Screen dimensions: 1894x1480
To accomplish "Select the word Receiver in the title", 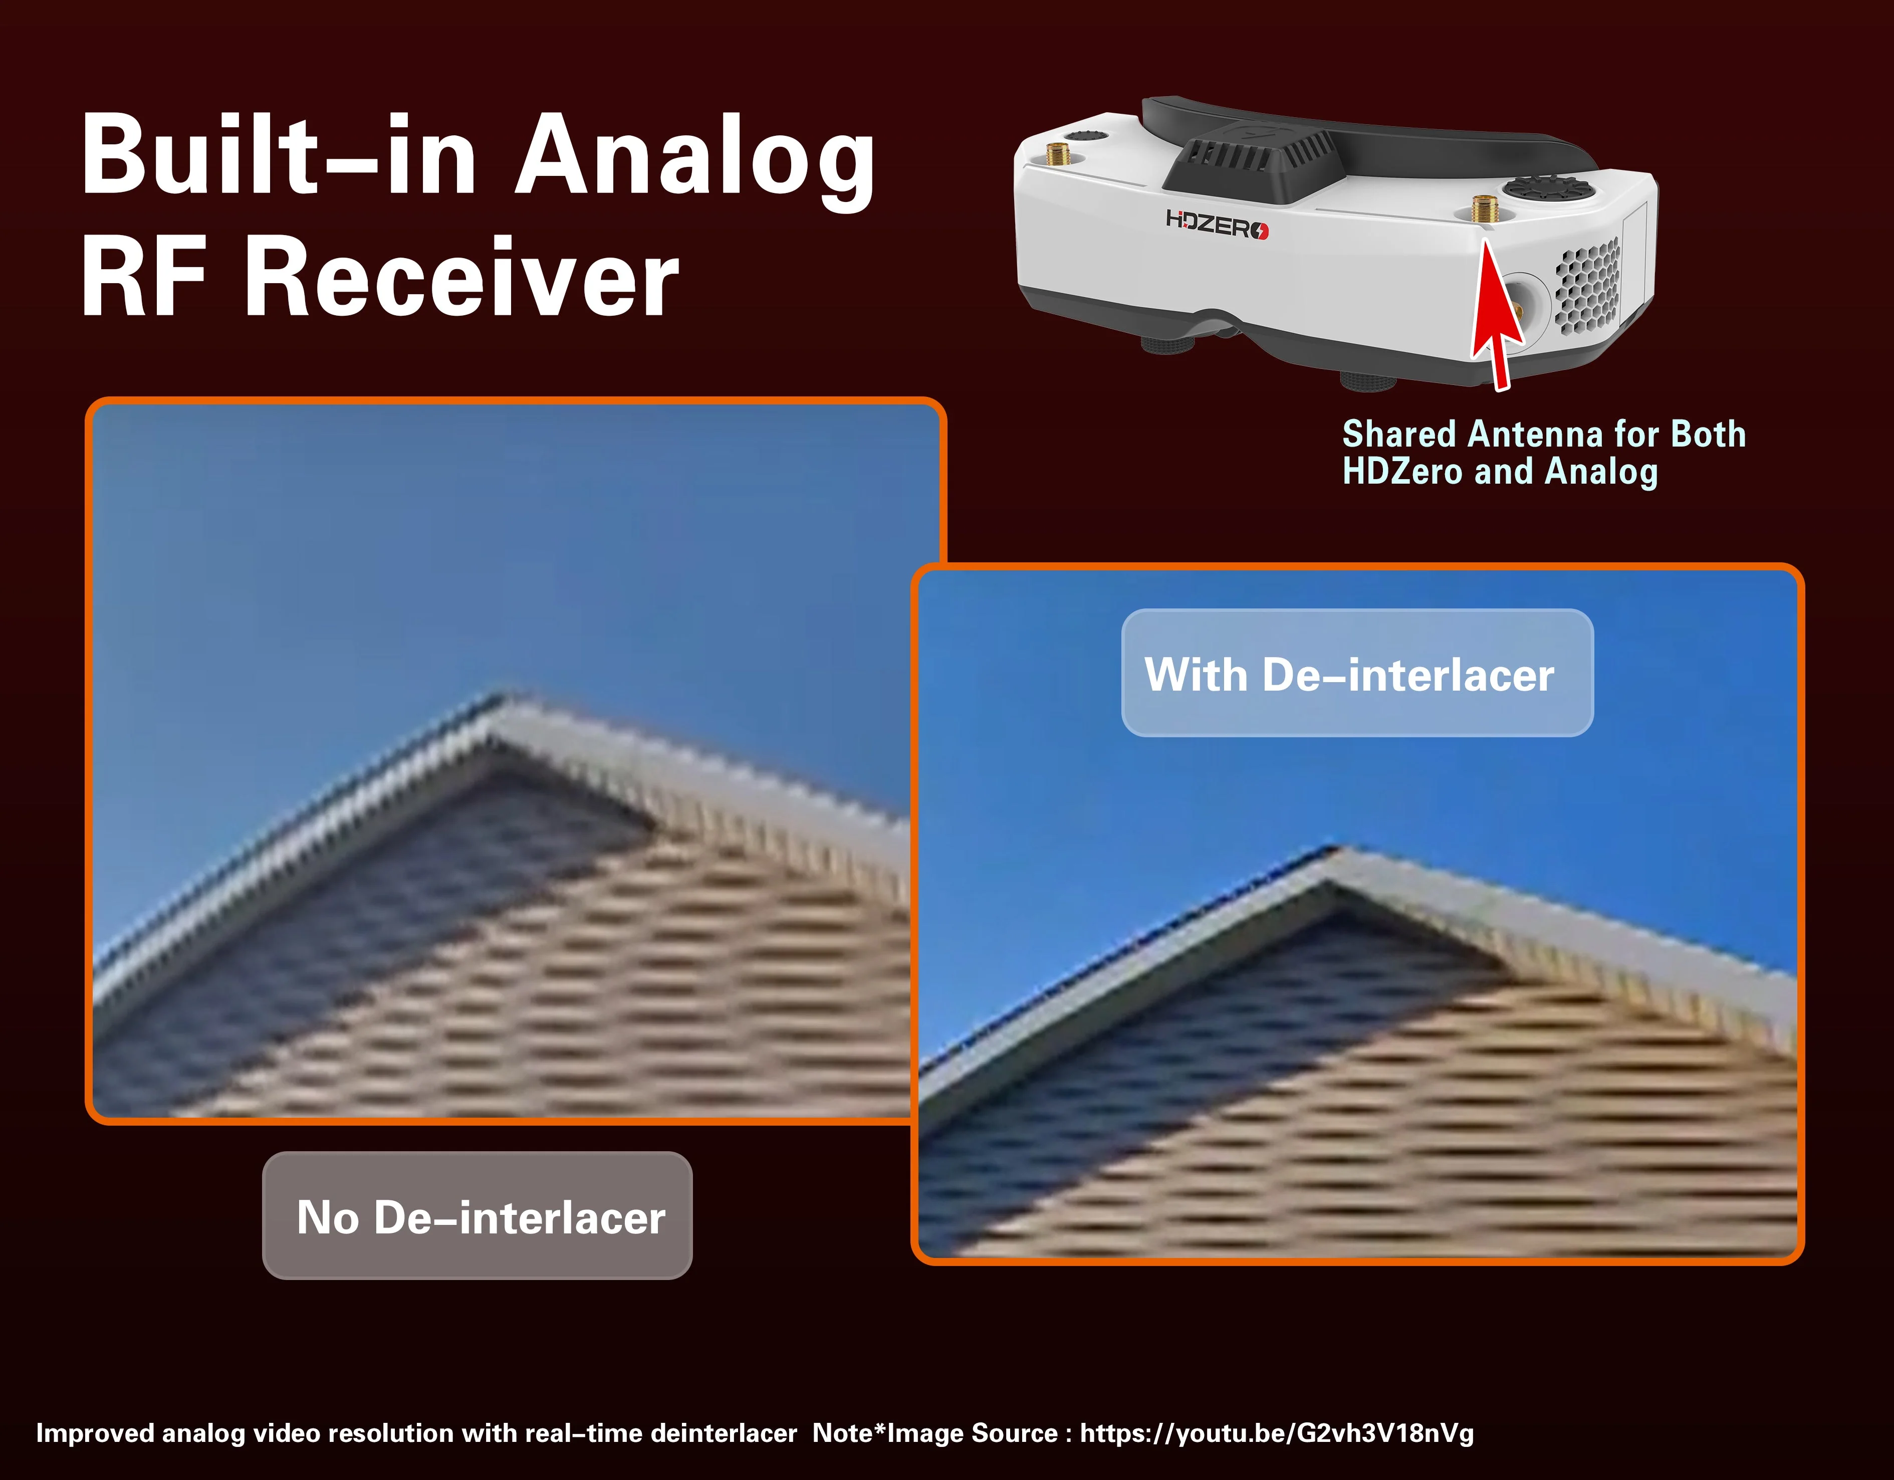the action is [461, 278].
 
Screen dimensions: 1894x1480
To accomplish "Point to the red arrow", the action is [1493, 314].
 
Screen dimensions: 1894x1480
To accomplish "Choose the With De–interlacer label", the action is [1357, 673].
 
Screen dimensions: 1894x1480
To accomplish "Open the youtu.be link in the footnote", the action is [1277, 1433].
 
